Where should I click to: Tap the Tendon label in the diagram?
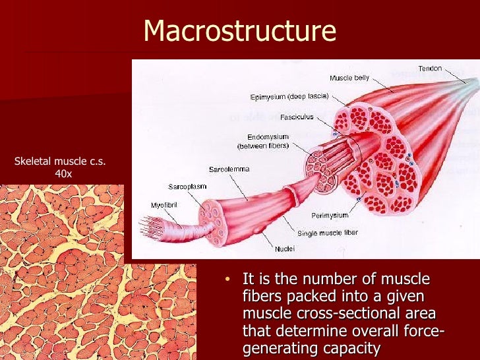pos(430,69)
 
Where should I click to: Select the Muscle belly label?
pos(349,78)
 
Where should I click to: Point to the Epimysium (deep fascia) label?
pos(289,96)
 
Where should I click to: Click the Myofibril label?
pos(163,205)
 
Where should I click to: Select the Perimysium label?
pos(330,215)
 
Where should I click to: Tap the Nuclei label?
pos(284,249)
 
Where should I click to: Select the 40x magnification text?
pos(63,174)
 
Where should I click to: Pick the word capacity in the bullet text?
pos(351,347)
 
